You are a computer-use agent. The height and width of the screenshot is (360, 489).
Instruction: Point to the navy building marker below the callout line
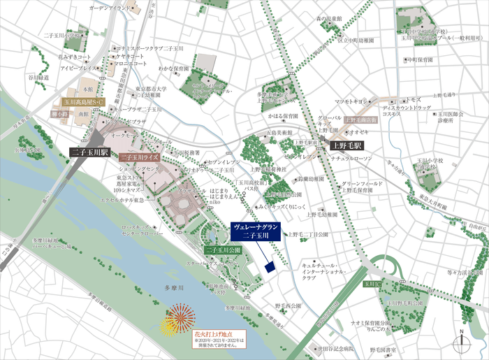(268, 267)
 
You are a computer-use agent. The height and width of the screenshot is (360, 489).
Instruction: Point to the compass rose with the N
(461, 342)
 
